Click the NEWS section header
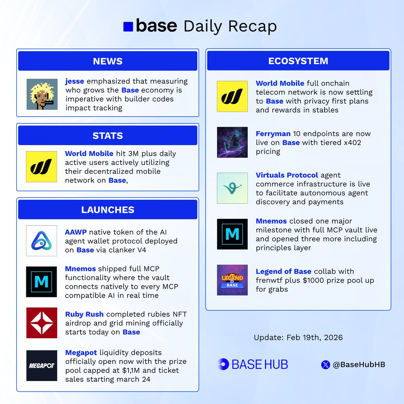pos(108,61)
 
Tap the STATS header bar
pos(108,136)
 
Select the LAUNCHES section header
pos(108,210)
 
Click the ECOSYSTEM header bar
pos(298,61)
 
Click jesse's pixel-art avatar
pos(42,94)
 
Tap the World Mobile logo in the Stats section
pos(41,167)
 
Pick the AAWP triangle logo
pos(41,241)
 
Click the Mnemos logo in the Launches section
pos(41,281)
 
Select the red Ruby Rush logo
pos(42,323)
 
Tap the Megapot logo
pos(42,366)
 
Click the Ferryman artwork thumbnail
pos(232,142)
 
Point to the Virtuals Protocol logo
pos(232,188)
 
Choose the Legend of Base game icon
pos(232,280)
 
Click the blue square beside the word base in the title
pos(128,27)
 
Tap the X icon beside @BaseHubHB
pos(326,365)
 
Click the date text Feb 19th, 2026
pos(314,338)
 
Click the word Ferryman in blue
pos(273,134)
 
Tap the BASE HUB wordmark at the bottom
pos(260,365)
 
